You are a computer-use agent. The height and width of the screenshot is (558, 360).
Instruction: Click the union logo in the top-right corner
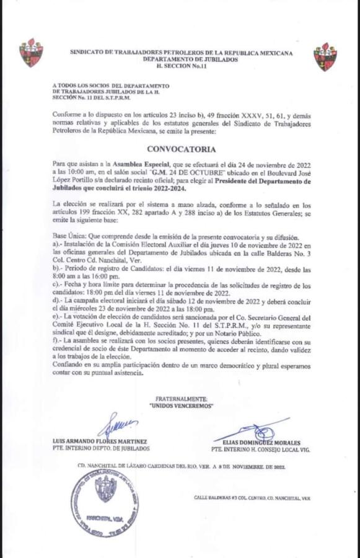[x=325, y=56]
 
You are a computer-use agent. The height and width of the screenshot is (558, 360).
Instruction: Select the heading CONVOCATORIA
[x=181, y=149]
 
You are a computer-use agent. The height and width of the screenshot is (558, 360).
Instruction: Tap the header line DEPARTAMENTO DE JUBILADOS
[x=181, y=59]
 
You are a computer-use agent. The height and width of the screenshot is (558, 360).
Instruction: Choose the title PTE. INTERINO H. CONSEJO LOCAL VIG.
[x=260, y=448]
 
